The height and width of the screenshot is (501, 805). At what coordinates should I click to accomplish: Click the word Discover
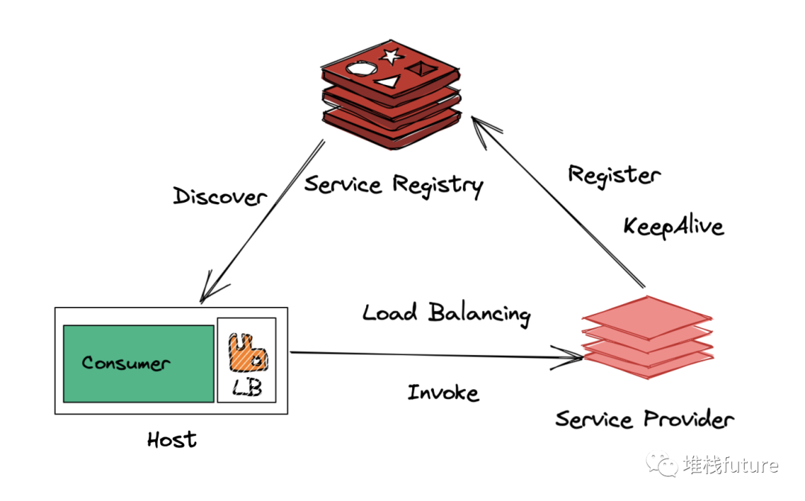coord(219,196)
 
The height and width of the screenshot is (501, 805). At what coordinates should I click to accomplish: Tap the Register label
coord(613,176)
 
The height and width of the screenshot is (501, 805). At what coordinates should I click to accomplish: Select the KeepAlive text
coord(673,225)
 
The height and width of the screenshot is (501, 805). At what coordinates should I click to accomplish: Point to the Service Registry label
coord(393,184)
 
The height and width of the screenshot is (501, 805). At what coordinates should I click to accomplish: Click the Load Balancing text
coord(446,313)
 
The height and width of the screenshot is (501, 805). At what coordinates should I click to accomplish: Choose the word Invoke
coord(443,392)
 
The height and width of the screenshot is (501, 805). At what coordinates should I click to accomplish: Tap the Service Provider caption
coord(644,419)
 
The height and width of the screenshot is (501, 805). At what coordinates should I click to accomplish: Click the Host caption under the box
coord(171,439)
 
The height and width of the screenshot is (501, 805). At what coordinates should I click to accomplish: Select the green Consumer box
coord(138,363)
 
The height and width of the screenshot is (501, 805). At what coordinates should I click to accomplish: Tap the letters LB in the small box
coord(247,388)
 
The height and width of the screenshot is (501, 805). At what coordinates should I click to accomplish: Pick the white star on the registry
coord(391,56)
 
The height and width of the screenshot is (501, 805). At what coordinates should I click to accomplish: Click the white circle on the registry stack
coord(359,69)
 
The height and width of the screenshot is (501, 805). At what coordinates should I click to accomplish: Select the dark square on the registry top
coord(419,69)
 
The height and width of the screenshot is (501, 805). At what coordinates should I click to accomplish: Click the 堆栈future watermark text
coord(730,466)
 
